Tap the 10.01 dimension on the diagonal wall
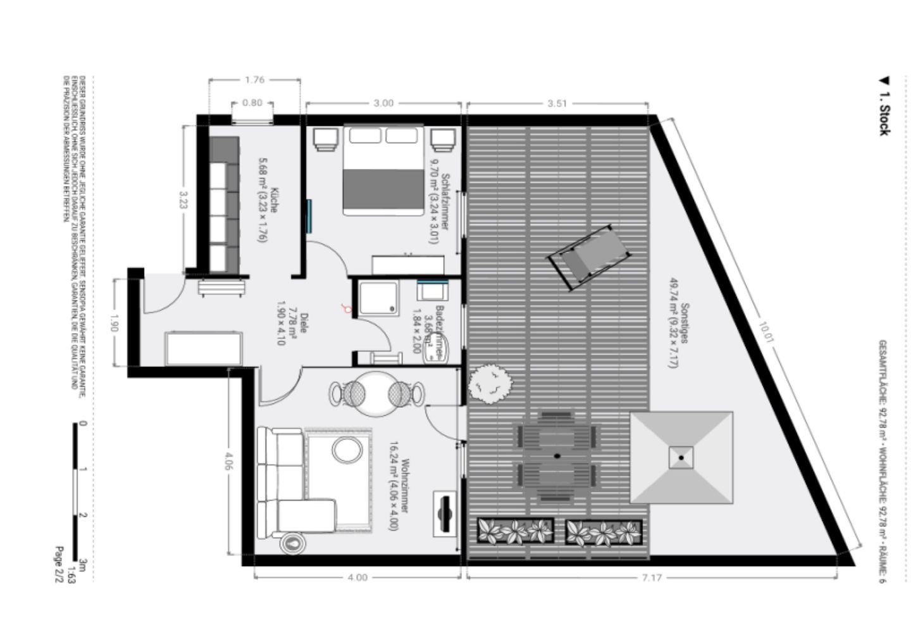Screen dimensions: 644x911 pos(767,332)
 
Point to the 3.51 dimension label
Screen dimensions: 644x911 pos(557,103)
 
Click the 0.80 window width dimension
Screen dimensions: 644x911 pos(252,103)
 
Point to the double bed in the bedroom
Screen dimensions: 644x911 pos(383,170)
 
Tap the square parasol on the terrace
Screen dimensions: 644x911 pos(681,457)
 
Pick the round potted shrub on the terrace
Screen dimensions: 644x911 pos(490,384)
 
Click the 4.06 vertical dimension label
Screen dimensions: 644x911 pos(228,463)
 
